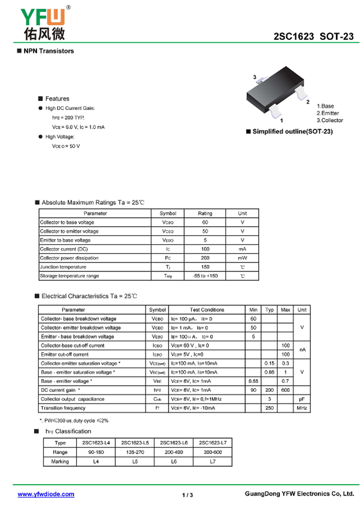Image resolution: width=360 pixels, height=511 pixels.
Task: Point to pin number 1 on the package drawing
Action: tap(281, 121)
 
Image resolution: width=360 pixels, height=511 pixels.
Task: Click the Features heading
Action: tap(57, 99)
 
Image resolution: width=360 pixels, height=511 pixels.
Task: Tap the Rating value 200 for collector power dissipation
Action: tap(205, 258)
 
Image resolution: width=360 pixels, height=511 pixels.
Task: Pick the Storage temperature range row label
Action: tap(69, 276)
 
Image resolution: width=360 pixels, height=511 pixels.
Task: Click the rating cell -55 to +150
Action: tap(205, 276)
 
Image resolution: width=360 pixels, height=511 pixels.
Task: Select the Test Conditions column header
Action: tap(207, 310)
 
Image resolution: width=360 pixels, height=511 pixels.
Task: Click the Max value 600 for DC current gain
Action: tap(285, 390)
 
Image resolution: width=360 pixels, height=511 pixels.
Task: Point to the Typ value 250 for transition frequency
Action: tap(269, 408)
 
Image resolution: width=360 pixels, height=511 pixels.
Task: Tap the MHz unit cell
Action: tap(302, 408)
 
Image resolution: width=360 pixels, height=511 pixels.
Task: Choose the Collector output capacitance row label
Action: tap(72, 399)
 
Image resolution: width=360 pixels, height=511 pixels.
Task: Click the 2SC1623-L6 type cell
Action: tap(174, 443)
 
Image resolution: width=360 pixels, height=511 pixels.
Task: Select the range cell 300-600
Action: tap(212, 452)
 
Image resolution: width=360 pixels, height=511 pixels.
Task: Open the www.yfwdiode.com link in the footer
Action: tap(46, 494)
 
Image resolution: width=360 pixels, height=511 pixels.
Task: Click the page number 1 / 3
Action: tap(188, 495)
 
